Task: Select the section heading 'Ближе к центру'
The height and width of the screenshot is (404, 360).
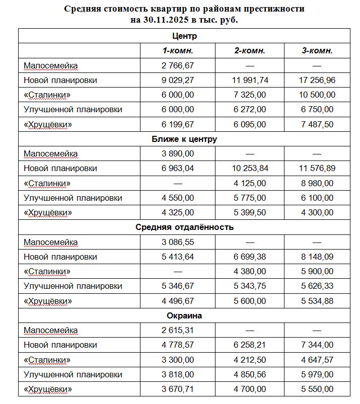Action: tap(184, 139)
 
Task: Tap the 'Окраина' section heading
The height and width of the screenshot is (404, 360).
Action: tap(184, 316)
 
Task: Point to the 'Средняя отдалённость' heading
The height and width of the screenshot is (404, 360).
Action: tap(184, 227)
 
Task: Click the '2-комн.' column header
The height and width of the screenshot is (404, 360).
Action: tap(250, 51)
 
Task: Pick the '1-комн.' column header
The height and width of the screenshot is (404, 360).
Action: tap(178, 51)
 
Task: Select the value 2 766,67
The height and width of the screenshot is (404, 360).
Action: tap(178, 65)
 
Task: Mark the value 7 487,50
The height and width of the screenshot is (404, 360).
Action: tap(317, 124)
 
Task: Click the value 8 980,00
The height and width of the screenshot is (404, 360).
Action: tap(317, 183)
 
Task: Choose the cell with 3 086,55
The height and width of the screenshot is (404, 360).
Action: tap(178, 242)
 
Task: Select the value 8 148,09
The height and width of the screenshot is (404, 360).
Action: tap(317, 257)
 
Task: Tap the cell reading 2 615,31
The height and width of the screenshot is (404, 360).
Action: tap(178, 331)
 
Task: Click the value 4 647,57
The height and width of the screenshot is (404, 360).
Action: tap(317, 360)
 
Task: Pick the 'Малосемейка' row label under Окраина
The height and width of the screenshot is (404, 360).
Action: tap(51, 331)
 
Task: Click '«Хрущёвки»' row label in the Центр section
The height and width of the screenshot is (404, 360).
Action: tap(48, 124)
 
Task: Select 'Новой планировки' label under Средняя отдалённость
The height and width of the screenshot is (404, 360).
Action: tap(60, 257)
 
